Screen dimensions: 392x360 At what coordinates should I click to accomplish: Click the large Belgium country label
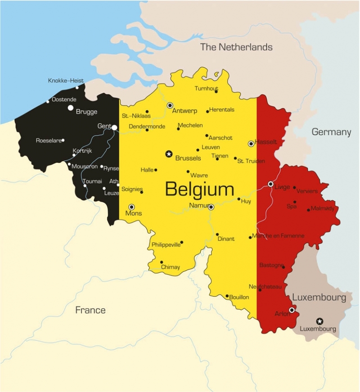[199, 189]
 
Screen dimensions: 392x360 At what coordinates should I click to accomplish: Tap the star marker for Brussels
[169, 154]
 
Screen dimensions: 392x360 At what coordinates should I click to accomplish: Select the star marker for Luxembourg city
[319, 321]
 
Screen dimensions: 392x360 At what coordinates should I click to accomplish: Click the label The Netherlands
[236, 47]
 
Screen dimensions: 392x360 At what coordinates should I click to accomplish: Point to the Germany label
[331, 132]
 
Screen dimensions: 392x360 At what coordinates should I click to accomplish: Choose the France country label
[90, 310]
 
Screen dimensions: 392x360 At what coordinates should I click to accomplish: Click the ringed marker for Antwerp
[170, 105]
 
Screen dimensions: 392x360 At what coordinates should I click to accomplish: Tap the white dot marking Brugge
[71, 108]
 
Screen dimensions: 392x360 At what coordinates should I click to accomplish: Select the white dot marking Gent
[114, 128]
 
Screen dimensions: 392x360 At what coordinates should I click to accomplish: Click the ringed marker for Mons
[131, 207]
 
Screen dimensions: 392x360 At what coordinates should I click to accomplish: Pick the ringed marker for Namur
[211, 207]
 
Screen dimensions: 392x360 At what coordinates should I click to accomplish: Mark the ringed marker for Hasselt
[251, 144]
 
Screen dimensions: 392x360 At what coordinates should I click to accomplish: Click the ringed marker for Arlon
[292, 310]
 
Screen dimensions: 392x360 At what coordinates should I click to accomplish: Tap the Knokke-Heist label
[66, 81]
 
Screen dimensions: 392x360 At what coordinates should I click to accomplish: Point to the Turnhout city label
[206, 89]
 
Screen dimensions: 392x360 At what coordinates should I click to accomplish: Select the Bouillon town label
[239, 297]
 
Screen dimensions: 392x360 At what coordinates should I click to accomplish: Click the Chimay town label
[171, 267]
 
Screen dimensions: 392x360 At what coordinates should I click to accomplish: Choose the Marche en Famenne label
[278, 235]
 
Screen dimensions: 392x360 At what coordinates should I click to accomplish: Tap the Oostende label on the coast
[64, 99]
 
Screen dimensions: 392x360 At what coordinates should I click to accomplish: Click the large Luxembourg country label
[319, 297]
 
